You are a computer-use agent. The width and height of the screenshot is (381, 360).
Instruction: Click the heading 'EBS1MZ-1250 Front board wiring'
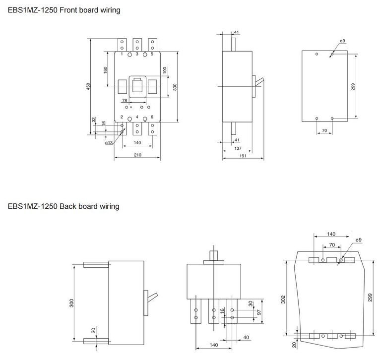tap(63, 10)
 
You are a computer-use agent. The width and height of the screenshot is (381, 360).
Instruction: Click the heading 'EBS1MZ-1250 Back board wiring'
tap(63, 206)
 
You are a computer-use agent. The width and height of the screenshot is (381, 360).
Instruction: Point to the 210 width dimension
tap(137, 155)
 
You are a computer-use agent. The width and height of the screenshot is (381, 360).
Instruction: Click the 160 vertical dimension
tap(105, 70)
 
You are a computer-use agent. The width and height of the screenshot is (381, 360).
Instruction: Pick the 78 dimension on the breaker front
tap(125, 101)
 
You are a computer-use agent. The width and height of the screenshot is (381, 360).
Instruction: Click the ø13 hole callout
tap(109, 143)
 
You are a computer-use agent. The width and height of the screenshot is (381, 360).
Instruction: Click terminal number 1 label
tap(122, 54)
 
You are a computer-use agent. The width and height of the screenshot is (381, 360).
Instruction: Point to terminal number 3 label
tap(137, 54)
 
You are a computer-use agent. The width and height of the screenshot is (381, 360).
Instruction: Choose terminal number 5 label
tap(152, 54)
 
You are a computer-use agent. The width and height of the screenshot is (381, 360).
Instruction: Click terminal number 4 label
tap(137, 117)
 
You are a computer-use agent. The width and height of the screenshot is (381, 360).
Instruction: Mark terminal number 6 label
tap(152, 117)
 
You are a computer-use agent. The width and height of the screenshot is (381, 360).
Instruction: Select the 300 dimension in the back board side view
tap(72, 302)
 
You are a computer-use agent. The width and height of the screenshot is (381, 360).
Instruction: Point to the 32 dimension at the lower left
tap(94, 120)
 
